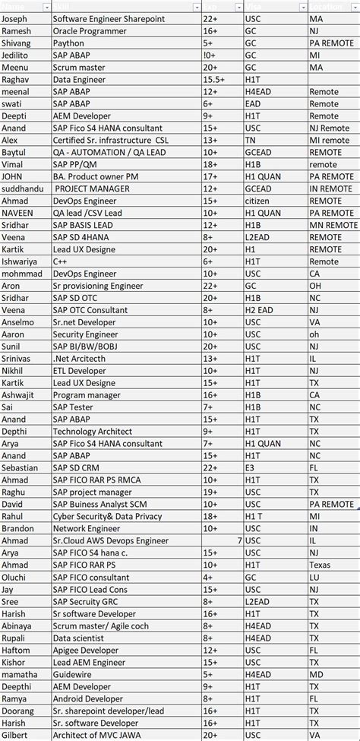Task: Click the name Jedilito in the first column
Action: coord(16,55)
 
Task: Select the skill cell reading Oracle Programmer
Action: coord(90,31)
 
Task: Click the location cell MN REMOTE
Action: coord(333,225)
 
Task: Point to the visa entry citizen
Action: coord(257,201)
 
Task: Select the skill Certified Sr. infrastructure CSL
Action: coord(111,141)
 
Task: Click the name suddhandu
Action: coord(22,188)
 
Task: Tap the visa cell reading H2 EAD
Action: coord(258,310)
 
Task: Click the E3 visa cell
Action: coord(250,467)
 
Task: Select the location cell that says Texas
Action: coord(320,565)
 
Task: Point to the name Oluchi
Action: coord(14,577)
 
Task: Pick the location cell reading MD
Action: coord(316,674)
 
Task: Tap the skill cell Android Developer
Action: coord(88,698)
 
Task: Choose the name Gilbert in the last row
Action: coord(15,735)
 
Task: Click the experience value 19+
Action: coord(210,492)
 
